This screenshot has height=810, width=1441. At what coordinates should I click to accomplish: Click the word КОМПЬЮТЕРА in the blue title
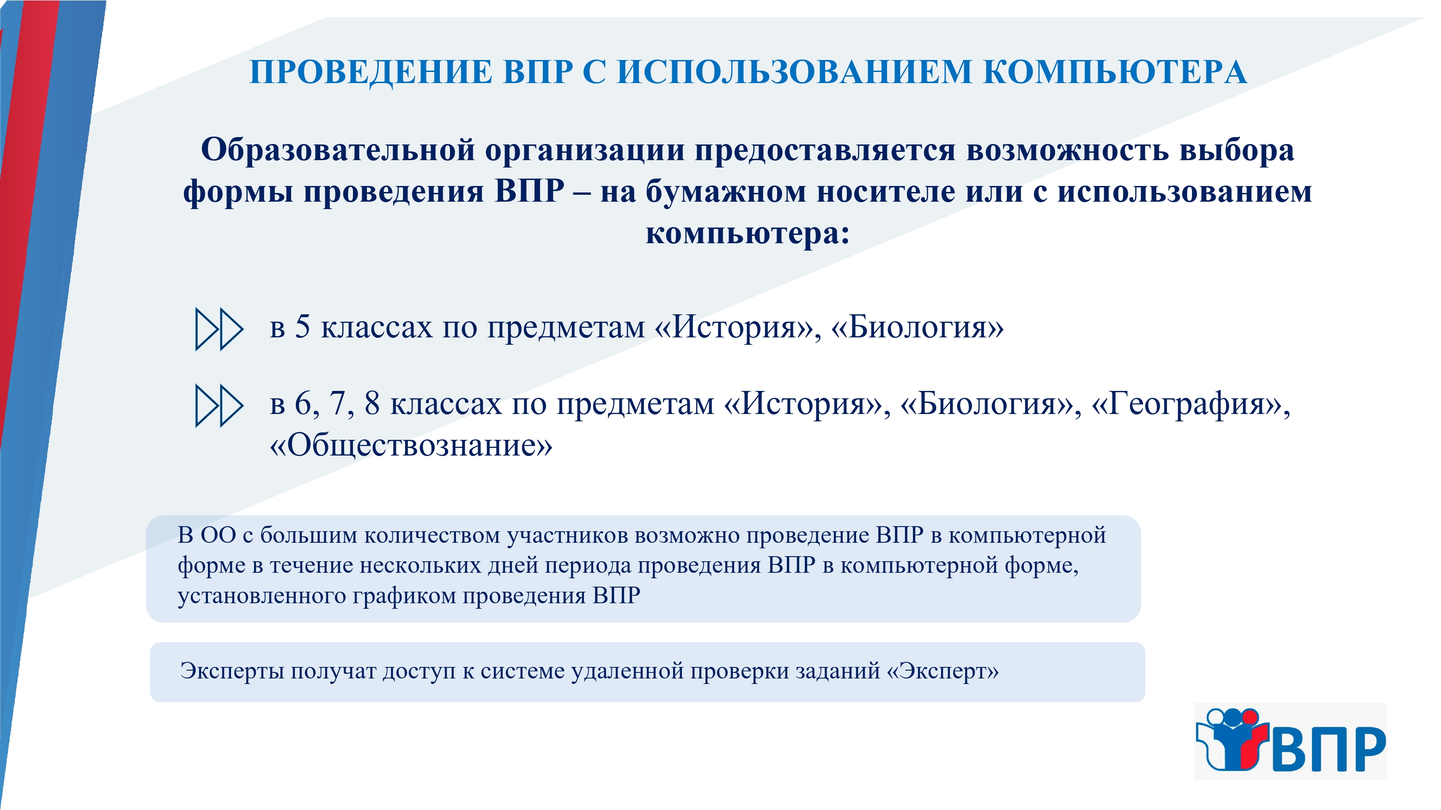click(x=1115, y=72)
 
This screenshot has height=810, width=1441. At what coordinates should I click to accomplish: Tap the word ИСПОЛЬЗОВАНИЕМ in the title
click(x=794, y=72)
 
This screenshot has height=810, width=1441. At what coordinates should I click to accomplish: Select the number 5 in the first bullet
click(x=302, y=327)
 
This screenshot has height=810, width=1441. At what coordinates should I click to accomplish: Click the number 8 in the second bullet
click(x=372, y=403)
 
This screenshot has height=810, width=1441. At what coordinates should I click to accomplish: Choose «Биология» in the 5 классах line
click(x=918, y=328)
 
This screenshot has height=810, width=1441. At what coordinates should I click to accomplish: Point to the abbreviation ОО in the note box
click(x=218, y=535)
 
